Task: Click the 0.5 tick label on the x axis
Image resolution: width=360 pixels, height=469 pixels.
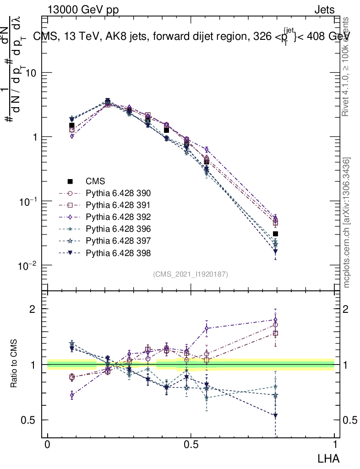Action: click(x=191, y=446)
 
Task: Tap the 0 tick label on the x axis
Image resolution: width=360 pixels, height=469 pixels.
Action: click(x=47, y=446)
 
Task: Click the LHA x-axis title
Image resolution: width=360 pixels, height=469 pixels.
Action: click(x=329, y=458)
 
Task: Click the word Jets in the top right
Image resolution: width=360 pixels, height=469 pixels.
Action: click(x=324, y=10)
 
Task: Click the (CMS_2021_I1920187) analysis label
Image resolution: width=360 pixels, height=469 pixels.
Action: click(x=191, y=274)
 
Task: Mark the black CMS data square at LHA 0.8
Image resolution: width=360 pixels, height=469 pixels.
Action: click(x=275, y=234)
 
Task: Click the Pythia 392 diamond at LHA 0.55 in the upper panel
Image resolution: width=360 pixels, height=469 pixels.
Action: click(x=207, y=150)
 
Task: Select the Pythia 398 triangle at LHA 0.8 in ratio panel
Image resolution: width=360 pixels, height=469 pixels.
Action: click(x=275, y=416)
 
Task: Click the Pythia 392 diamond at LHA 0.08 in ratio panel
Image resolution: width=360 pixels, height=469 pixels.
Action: click(x=72, y=394)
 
